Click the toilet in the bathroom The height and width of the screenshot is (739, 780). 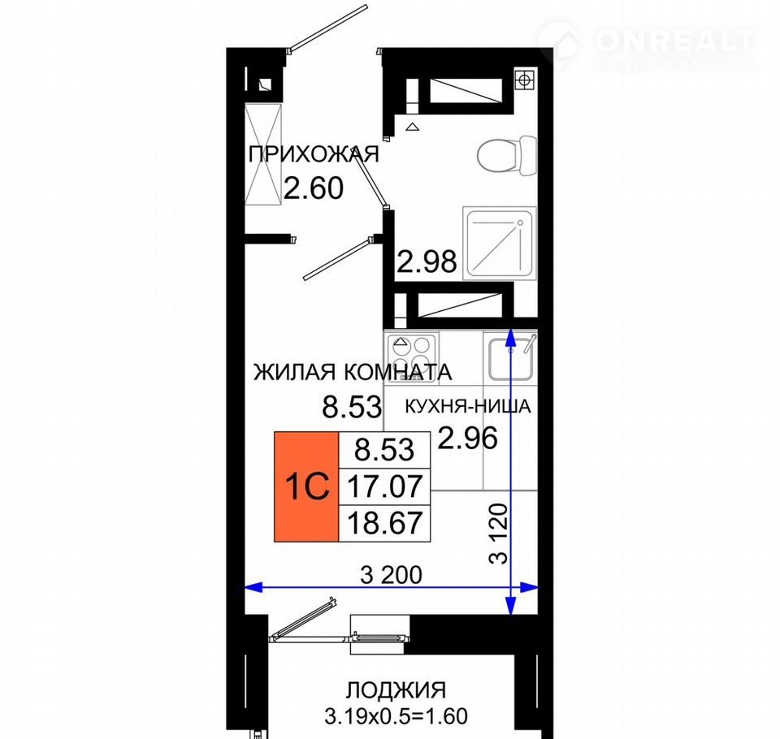(x=507, y=154)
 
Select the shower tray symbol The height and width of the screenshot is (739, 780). (x=500, y=243)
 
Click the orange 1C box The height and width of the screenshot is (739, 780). (x=306, y=486)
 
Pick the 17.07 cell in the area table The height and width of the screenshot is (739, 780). (x=384, y=486)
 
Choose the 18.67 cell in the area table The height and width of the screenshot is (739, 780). (x=384, y=523)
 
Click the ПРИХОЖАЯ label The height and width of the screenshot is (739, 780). (x=314, y=154)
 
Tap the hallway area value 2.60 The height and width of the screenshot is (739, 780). (x=314, y=188)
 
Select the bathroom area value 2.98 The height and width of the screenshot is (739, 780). (x=427, y=261)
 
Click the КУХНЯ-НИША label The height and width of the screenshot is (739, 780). (x=468, y=406)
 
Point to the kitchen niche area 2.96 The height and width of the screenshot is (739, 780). (x=468, y=438)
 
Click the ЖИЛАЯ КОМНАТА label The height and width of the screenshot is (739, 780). (x=353, y=372)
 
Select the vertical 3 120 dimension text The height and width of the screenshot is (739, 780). (x=498, y=534)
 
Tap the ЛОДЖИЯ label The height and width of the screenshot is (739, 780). (x=396, y=689)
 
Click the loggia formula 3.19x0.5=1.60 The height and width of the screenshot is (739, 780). (x=396, y=716)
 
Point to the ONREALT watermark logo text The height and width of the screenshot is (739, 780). (x=674, y=41)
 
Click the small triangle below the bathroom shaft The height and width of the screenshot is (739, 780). (x=412, y=127)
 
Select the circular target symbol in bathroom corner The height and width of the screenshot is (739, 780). (x=526, y=79)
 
